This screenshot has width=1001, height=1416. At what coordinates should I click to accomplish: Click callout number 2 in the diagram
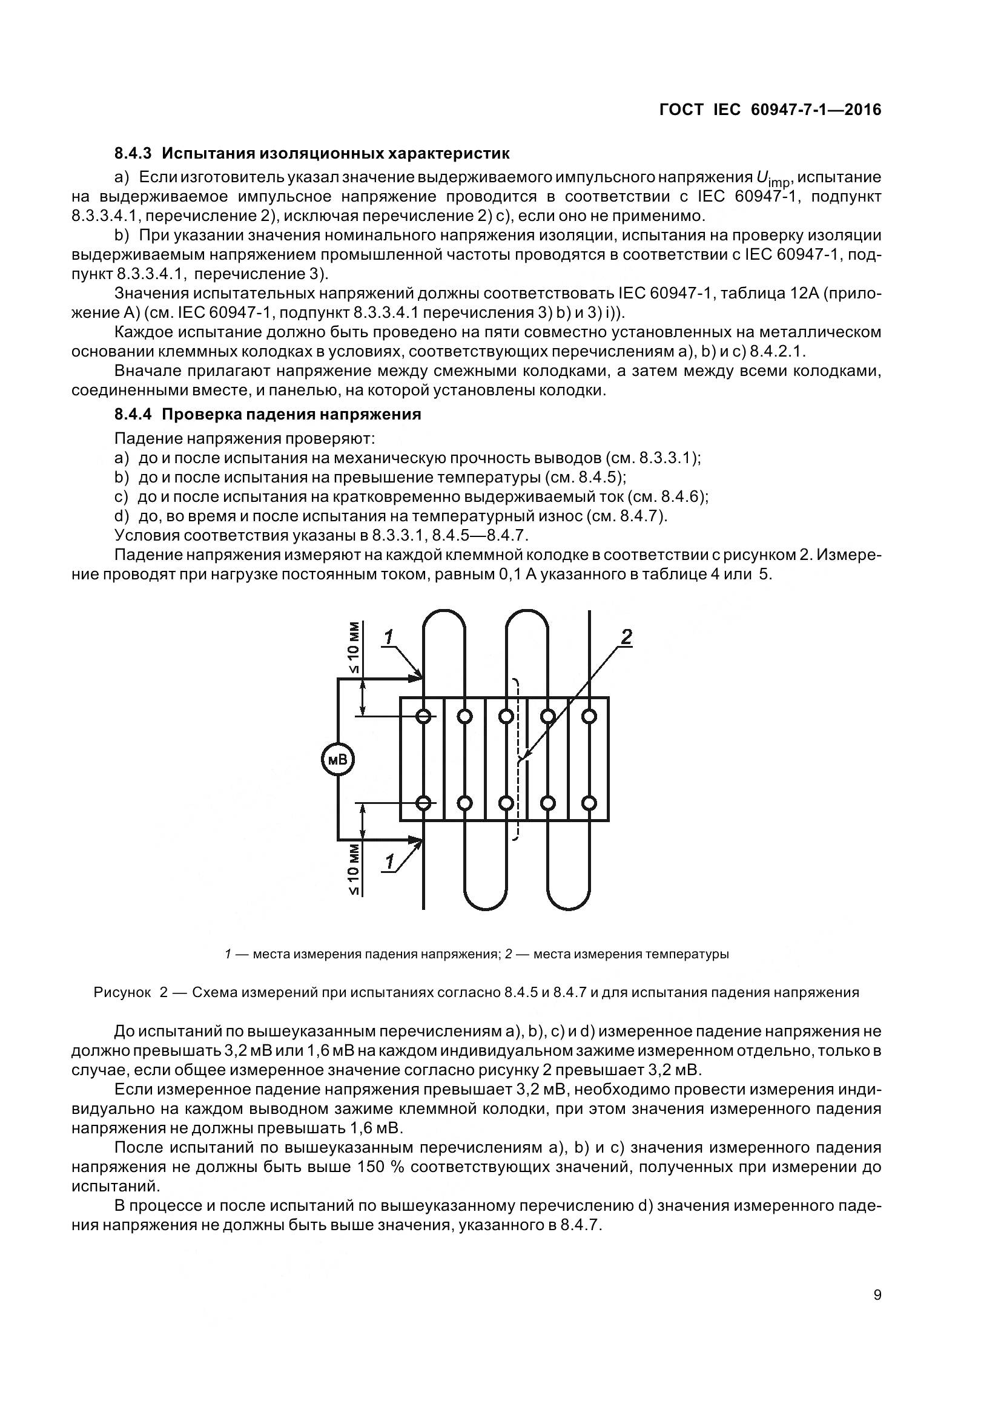click(x=626, y=637)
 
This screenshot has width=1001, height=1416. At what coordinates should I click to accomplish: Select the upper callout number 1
click(x=388, y=637)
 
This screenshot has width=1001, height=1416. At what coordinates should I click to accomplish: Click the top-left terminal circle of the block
click(x=424, y=716)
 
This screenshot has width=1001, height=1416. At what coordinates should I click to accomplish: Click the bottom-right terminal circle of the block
click(x=589, y=803)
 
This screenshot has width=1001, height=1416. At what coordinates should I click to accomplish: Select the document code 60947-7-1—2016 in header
click(x=816, y=110)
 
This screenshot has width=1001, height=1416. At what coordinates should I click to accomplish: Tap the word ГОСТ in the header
click(x=681, y=110)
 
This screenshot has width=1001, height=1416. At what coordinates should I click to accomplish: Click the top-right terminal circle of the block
click(x=589, y=716)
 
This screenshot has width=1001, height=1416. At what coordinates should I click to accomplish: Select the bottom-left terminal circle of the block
click(x=424, y=803)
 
